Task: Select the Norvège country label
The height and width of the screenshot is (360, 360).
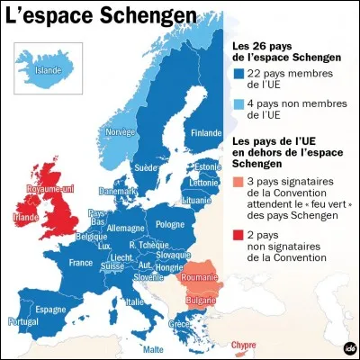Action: (121, 131)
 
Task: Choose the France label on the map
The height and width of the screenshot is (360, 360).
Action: (82, 263)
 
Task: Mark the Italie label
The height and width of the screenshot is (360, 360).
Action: (133, 301)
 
